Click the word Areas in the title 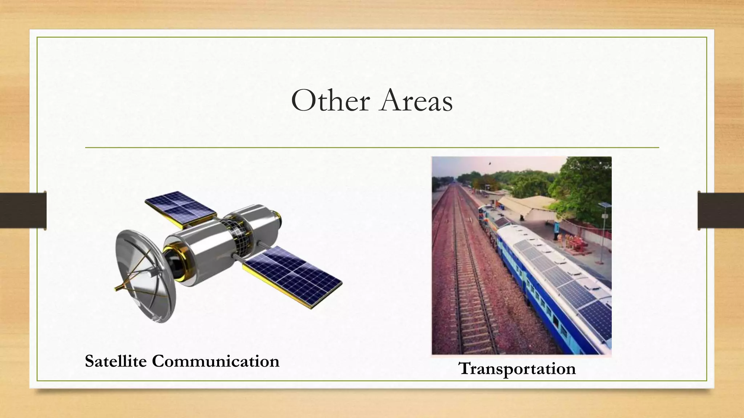click(x=416, y=101)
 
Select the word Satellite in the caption click(x=116, y=361)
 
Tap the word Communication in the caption click(x=216, y=361)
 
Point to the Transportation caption click(x=517, y=369)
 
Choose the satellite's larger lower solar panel click(x=293, y=276)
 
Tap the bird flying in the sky click(x=489, y=164)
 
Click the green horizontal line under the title click(x=372, y=148)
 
